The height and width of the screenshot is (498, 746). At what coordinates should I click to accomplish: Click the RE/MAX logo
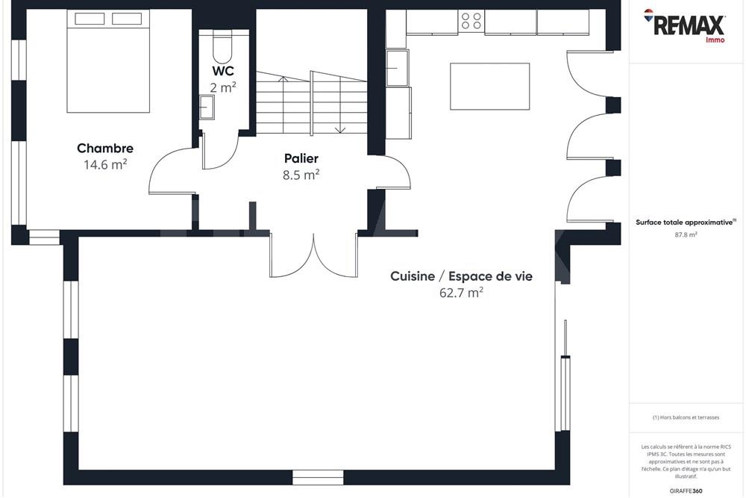click(x=685, y=25)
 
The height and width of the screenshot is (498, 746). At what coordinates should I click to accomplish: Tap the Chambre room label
click(x=105, y=149)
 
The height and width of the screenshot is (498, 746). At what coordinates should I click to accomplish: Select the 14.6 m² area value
click(x=105, y=165)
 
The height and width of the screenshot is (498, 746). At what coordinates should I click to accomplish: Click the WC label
click(x=223, y=71)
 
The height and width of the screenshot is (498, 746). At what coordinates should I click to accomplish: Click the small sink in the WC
click(x=207, y=108)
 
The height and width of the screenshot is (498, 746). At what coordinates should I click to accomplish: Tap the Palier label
click(x=301, y=158)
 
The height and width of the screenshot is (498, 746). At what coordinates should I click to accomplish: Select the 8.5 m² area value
click(x=301, y=175)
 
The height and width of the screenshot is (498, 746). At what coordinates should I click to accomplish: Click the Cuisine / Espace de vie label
click(x=461, y=276)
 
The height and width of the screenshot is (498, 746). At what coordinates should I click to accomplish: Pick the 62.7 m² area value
click(x=461, y=293)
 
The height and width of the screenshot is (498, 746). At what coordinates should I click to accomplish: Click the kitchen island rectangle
click(x=489, y=87)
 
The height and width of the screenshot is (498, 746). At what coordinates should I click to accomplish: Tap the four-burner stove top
click(x=471, y=21)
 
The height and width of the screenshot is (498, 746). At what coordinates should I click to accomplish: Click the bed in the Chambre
click(x=109, y=61)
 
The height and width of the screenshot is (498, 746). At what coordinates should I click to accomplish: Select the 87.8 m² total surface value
click(x=686, y=234)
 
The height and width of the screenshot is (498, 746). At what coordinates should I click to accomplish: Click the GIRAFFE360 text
click(x=686, y=491)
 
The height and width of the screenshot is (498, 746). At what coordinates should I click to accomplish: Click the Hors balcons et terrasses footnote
click(x=686, y=417)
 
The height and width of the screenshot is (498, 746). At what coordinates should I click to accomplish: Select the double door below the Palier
click(x=313, y=255)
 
